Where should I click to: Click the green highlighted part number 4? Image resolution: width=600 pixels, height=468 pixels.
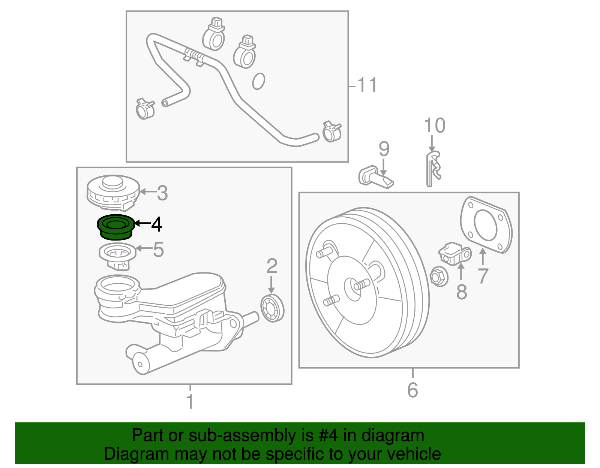[x=115, y=227]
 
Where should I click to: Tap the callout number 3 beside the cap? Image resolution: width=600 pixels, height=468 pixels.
[x=162, y=193]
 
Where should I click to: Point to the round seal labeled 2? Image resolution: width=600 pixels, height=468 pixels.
[x=272, y=308]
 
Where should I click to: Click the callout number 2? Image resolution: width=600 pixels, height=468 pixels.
[x=272, y=266]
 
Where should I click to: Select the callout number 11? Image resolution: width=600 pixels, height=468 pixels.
[x=366, y=85]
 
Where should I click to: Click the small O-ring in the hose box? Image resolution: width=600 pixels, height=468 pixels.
[x=258, y=81]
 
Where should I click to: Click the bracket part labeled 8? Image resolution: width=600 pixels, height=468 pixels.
[x=454, y=254]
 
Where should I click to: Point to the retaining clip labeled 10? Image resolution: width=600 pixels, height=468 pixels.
[x=433, y=169]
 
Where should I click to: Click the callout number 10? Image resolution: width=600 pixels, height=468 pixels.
[x=435, y=126]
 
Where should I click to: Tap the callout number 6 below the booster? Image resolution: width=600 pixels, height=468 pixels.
[x=412, y=390]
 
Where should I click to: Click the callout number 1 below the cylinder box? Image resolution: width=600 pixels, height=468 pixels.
[x=190, y=401]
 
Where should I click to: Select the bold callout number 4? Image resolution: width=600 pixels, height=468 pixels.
[x=156, y=224]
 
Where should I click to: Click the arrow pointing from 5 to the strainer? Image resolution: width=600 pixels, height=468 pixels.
[x=143, y=248]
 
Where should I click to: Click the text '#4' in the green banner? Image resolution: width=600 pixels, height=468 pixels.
[x=328, y=435]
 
